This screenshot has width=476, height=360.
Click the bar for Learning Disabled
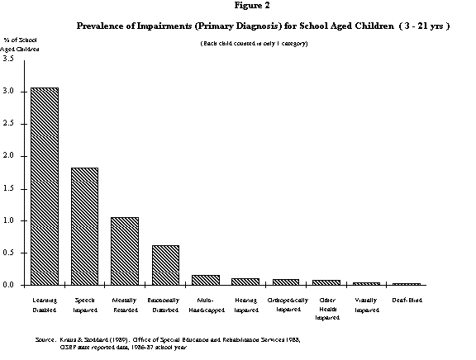coord(44,186)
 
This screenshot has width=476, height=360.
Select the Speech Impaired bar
coord(84,226)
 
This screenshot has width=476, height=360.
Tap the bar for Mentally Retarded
coord(125,251)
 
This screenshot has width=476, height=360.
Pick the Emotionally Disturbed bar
coord(165,265)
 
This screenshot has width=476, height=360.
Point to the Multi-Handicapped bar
coord(206,280)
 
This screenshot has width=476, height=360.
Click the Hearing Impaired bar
coord(246,282)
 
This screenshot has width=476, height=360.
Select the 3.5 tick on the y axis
coord(7,59)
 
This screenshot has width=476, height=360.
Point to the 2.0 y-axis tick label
coord(7,156)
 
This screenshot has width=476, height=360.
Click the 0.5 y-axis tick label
coord(7,253)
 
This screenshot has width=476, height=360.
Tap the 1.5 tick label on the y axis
coord(7,188)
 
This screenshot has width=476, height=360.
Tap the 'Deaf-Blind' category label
coord(407,300)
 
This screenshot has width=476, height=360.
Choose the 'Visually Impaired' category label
coord(366,305)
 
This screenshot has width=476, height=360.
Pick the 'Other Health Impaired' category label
coord(326,307)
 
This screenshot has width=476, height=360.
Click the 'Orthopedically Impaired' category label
coord(287,305)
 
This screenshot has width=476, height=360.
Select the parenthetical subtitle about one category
coord(254,43)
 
